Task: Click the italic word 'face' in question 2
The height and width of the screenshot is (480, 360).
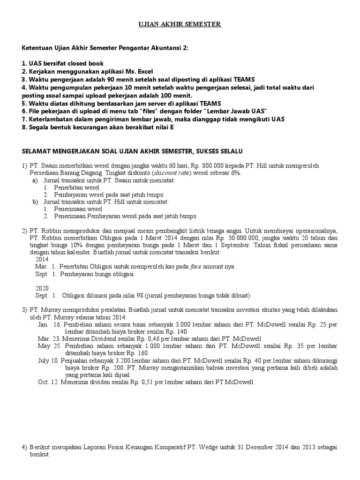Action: click(x=196, y=266)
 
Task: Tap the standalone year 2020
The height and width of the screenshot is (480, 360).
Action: click(x=42, y=288)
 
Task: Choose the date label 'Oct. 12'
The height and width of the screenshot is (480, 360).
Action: click(x=47, y=382)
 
